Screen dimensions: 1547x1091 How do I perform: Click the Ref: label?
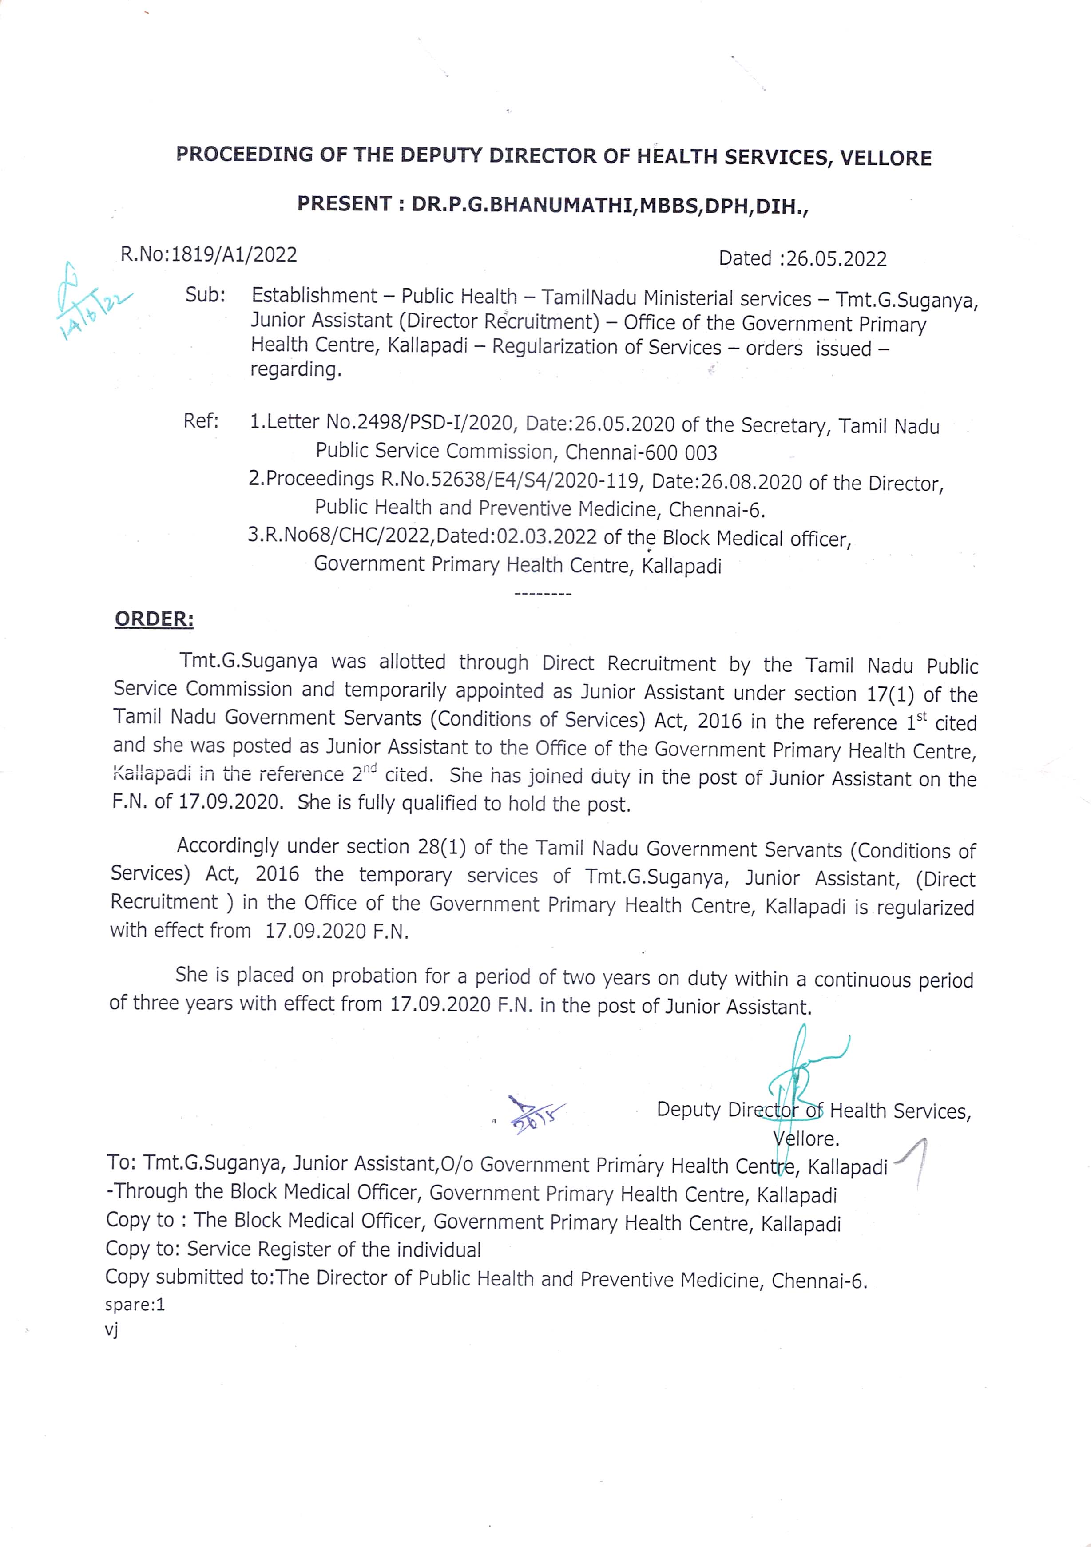201,421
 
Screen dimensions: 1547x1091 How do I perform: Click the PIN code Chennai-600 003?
641,452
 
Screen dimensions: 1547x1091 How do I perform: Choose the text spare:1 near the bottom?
135,1305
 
